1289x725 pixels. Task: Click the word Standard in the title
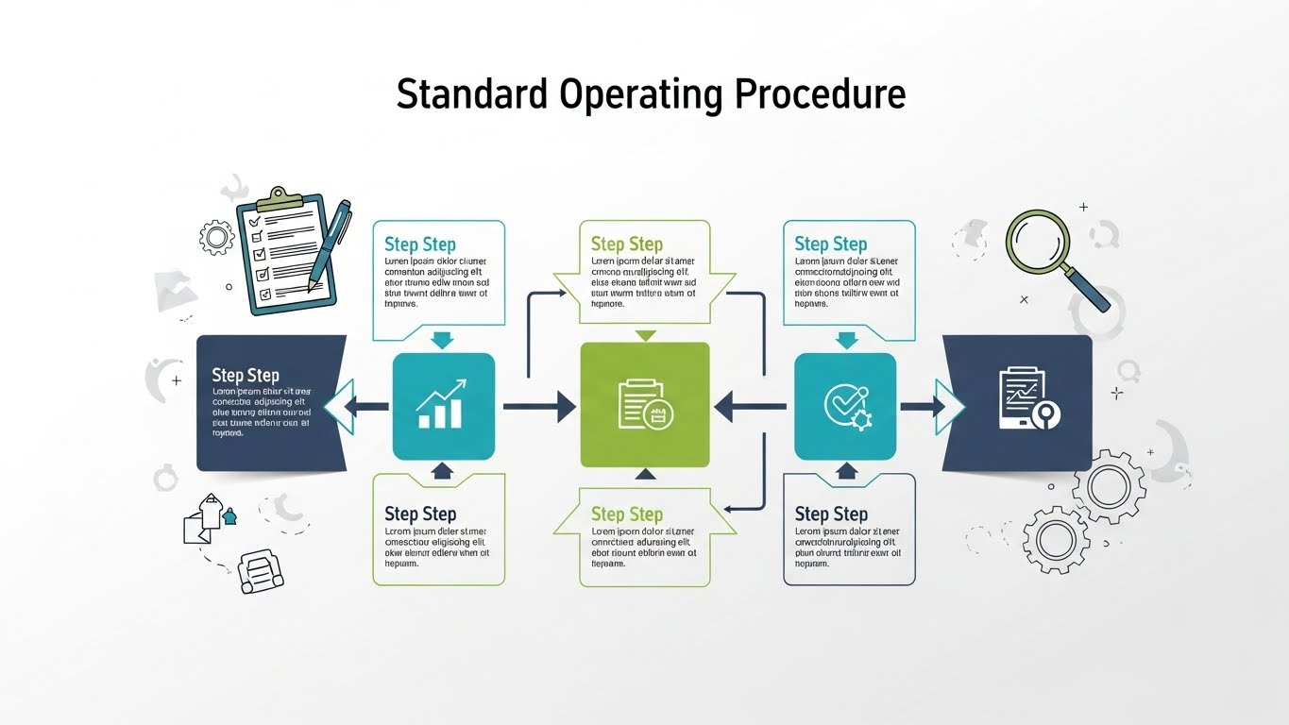coord(470,94)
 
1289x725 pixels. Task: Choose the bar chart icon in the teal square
coord(442,405)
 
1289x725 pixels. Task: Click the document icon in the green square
coord(645,404)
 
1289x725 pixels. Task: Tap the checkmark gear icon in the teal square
coord(845,407)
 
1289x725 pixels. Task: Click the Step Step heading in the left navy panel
coord(246,375)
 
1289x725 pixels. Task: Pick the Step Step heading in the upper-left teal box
coord(419,244)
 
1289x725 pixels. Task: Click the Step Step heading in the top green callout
coord(627,244)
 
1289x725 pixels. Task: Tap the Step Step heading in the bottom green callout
coord(627,514)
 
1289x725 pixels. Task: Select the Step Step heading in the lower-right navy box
coord(831,514)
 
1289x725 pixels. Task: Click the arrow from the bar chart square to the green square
coord(538,407)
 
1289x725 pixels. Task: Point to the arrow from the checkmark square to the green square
coord(750,407)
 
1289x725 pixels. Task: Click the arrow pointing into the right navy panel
coord(924,407)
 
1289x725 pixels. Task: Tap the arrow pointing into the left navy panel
coord(364,407)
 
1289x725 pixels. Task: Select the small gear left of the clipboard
coord(216,236)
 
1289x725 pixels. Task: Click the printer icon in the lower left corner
coord(260,571)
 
